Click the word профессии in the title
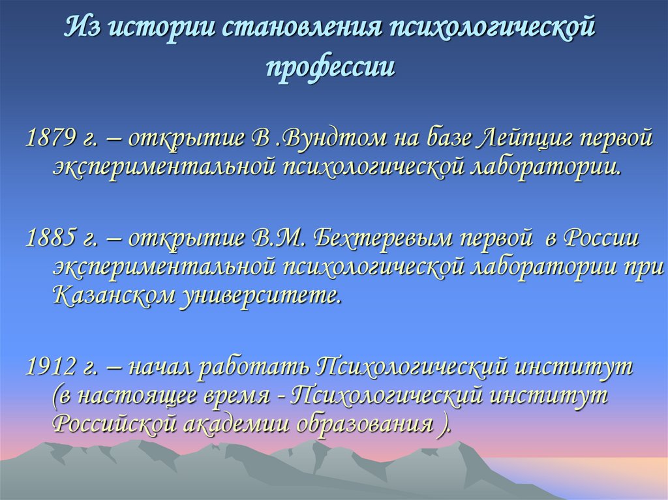(x=331, y=67)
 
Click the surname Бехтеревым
(x=382, y=239)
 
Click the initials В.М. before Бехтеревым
(x=273, y=239)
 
